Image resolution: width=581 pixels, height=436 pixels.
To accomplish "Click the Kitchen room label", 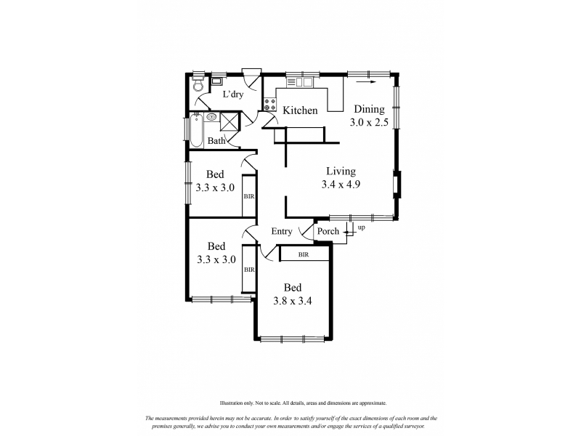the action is pos(300,110).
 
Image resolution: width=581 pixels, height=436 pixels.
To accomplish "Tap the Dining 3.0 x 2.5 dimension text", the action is pos(369,122).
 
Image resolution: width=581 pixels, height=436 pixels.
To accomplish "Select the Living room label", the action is pos(341,171).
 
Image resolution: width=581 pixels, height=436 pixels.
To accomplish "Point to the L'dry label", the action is pos(232,94).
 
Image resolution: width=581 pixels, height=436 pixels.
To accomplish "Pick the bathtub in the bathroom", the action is pos(196,130).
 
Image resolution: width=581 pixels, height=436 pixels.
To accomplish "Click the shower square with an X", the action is pos(229,121).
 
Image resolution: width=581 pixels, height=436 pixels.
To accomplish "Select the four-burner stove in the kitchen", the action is pos(269,104).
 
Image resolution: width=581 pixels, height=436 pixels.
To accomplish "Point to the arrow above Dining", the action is pos(366,82).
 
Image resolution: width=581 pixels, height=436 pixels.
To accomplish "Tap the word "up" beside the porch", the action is pos(361,227).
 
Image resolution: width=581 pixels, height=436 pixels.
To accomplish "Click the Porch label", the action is pos(328,231).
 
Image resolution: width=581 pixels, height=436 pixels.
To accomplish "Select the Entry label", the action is pos(282,231).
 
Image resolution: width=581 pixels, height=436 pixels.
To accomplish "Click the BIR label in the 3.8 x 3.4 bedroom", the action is pos(304,255).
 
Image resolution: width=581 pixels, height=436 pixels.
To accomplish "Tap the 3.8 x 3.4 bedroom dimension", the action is pos(293,301).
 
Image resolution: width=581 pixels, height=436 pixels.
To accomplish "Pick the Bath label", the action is pos(216,141).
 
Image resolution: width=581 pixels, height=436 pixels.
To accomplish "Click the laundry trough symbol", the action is pos(216,81).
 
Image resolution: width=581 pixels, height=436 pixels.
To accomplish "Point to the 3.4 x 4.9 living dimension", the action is pos(341,185).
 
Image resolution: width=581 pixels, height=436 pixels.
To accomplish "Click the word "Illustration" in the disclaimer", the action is pos(231,403).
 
